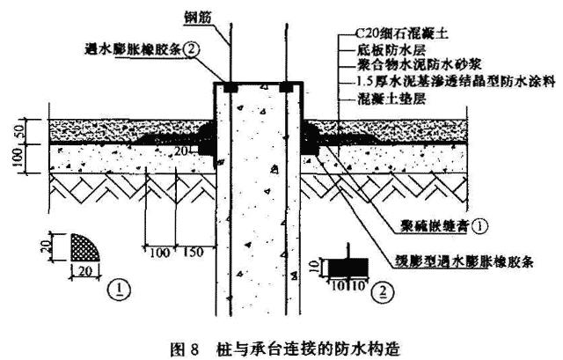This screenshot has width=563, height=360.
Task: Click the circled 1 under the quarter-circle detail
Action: click(117, 287)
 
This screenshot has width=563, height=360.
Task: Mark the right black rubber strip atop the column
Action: click(286, 89)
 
